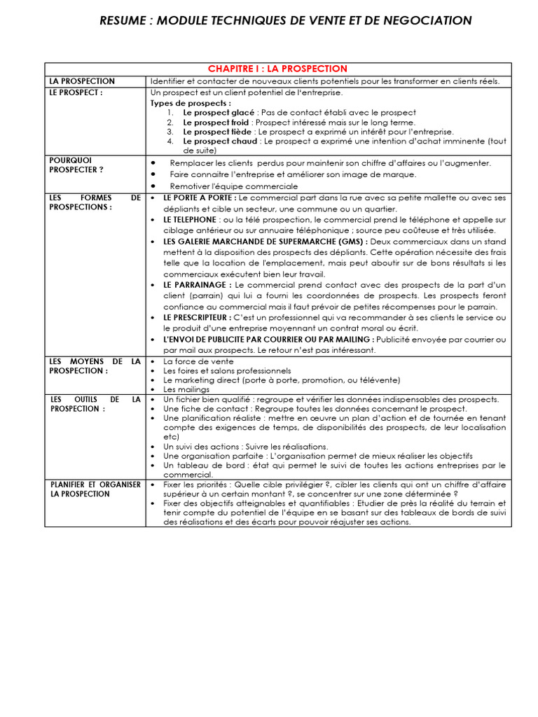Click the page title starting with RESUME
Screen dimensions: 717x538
pyautogui.click(x=286, y=20)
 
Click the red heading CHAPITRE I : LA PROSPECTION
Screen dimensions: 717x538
pyautogui.click(x=277, y=69)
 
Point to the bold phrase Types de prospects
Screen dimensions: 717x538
pyautogui.click(x=180, y=103)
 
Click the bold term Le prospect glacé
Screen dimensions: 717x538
pyautogui.click(x=219, y=112)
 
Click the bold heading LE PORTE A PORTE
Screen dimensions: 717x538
pyautogui.click(x=198, y=198)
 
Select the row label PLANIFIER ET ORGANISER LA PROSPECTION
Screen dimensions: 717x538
pyautogui.click(x=95, y=489)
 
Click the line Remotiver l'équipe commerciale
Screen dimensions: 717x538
pyautogui.click(x=233, y=186)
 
